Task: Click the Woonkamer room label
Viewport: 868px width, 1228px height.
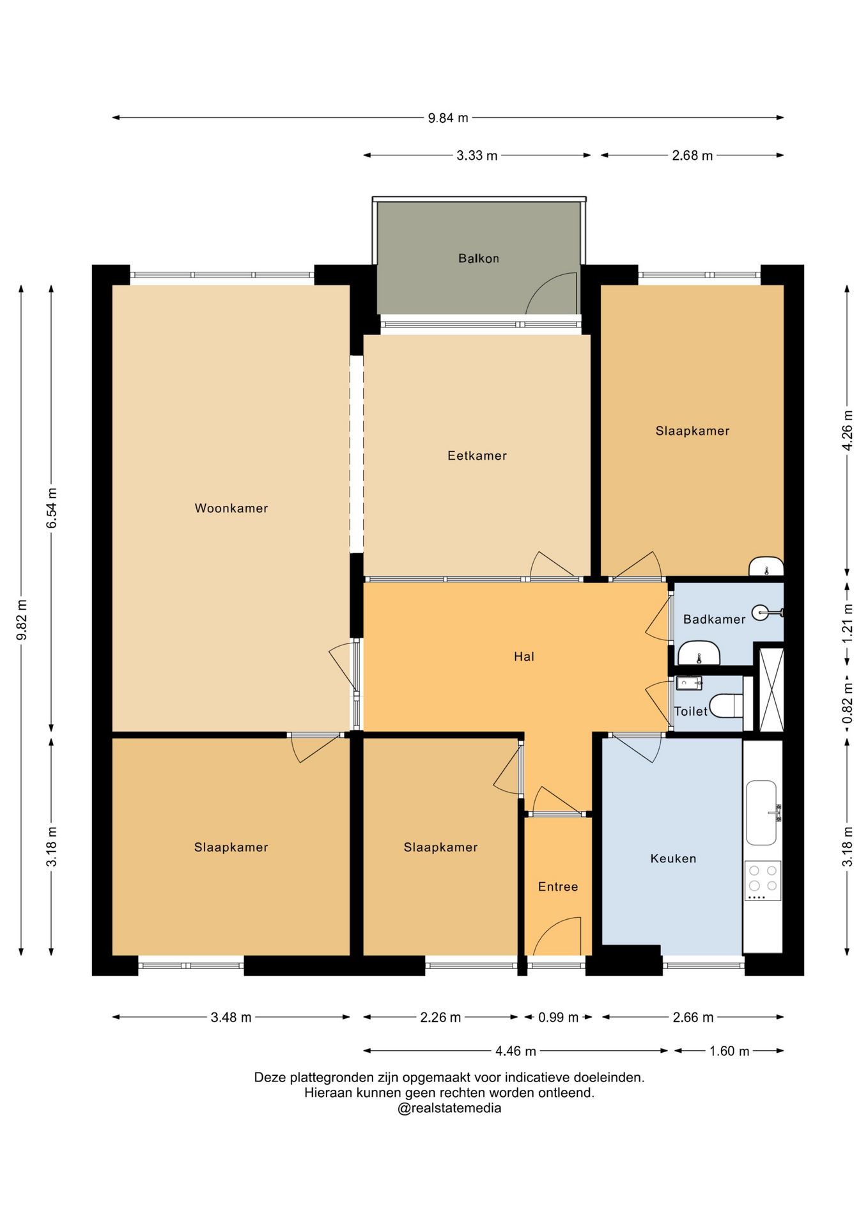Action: pos(231,508)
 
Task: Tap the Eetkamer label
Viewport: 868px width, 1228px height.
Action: pos(477,456)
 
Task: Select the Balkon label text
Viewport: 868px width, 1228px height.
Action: pos(479,258)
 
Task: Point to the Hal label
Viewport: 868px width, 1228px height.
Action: pos(524,656)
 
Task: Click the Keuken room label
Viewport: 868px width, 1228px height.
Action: pos(673,858)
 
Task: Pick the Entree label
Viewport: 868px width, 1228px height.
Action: pos(558,886)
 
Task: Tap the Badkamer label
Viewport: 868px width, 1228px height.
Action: pos(714,619)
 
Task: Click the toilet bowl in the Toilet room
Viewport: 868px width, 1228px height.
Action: pos(727,705)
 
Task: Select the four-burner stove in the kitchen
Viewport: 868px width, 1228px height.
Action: pos(763,881)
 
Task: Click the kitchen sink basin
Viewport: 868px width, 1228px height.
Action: pos(761,812)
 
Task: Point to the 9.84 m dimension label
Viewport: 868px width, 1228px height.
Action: pos(448,118)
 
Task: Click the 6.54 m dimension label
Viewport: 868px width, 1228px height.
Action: pos(52,508)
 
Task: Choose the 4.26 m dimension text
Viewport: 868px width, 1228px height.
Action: pos(847,430)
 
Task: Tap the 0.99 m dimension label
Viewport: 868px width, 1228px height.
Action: pos(558,1017)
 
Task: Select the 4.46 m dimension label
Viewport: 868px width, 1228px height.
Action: pos(516,1051)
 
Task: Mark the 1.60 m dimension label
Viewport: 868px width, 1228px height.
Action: pos(729,1051)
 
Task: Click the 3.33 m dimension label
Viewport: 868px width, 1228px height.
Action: pos(477,155)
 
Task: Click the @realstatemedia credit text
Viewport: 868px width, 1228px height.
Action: pos(449,1108)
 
